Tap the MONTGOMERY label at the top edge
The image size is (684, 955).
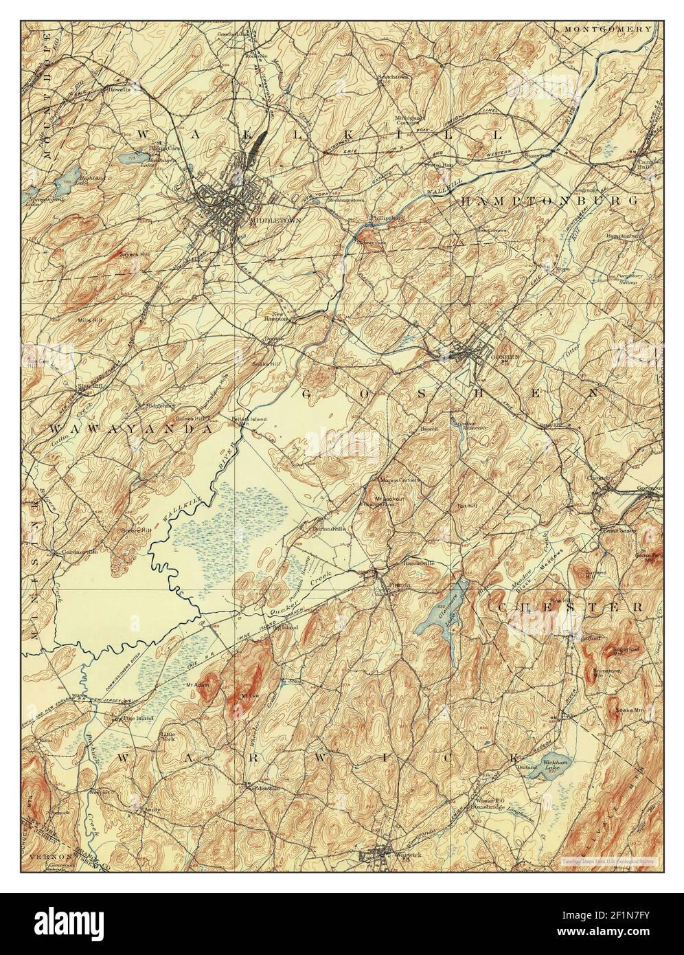coord(606,30)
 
